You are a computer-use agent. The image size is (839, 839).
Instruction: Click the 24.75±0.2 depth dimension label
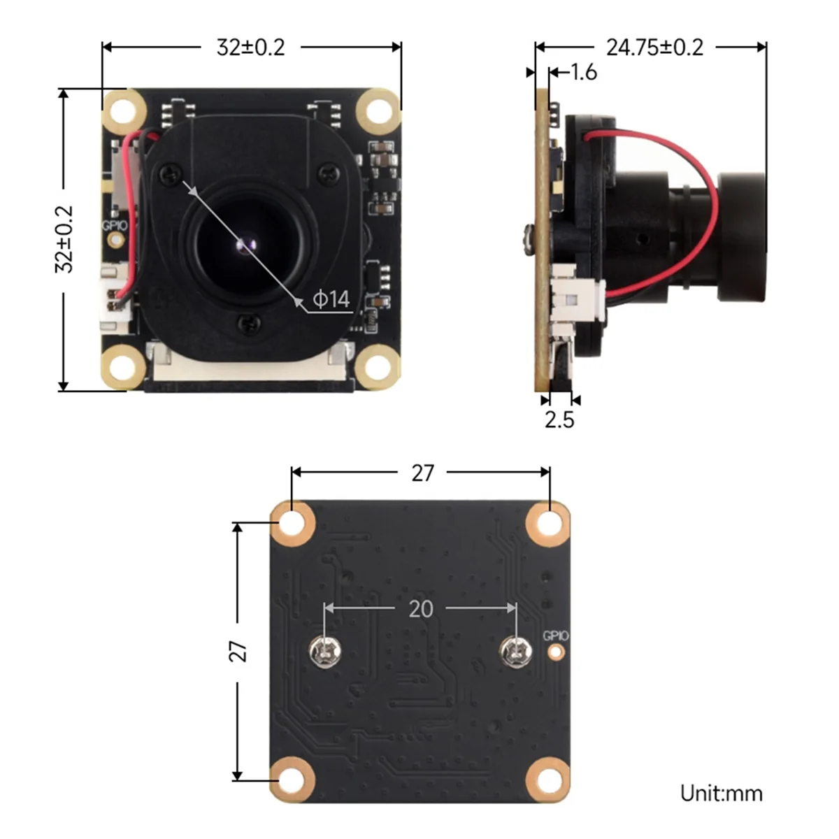tap(654, 48)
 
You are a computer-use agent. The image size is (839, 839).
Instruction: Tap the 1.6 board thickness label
tap(583, 72)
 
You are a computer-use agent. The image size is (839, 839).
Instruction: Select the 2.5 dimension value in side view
tap(559, 419)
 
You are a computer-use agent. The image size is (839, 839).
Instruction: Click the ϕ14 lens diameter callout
tap(331, 299)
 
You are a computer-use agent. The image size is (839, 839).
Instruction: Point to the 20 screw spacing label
tap(420, 609)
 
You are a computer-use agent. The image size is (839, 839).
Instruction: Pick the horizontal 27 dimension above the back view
tap(422, 473)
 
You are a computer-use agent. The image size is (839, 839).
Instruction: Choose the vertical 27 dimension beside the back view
tap(239, 651)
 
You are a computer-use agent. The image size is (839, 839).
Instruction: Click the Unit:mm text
tap(721, 794)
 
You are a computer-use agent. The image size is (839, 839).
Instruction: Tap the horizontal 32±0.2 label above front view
tap(251, 48)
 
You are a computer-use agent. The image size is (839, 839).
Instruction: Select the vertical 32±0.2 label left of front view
tap(64, 238)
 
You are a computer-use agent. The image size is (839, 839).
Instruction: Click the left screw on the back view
tap(324, 652)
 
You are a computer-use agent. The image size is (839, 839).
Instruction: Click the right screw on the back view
tap(516, 652)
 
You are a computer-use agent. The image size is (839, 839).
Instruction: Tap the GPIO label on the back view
tap(556, 636)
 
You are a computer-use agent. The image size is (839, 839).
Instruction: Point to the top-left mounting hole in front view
tap(124, 110)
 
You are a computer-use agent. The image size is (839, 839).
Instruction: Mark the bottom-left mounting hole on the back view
tap(292, 780)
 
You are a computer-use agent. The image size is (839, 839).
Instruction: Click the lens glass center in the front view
tap(245, 245)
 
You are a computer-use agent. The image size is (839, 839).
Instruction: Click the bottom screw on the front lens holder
tap(245, 322)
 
